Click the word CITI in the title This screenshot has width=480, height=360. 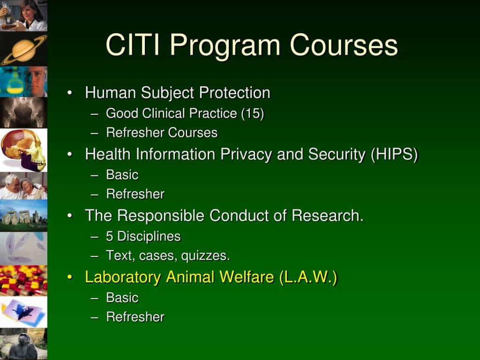coord(133,45)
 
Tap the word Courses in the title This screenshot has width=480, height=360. coord(344,45)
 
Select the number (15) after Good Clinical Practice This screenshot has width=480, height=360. coord(253,113)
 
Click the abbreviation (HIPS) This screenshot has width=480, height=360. coord(394,154)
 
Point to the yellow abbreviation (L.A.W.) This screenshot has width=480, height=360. coord(308,277)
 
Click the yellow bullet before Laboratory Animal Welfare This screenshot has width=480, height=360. coord(70,277)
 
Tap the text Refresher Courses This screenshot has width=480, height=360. coord(162,133)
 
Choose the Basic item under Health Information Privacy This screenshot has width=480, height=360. coord(122,175)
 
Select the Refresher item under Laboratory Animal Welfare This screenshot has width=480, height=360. coord(135,317)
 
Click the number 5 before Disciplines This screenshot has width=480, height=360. coord(109,236)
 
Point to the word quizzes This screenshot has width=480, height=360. coord(205,256)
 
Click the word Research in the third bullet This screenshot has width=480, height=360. coord(328,216)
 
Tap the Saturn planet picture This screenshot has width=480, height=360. coord(23,49)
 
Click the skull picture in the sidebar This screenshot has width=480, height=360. coord(23,150)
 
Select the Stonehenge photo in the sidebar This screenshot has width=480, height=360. coord(23,216)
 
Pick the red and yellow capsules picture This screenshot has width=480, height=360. coord(23,281)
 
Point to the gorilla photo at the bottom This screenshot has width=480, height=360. coord(23,344)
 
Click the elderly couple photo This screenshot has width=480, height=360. coord(23,186)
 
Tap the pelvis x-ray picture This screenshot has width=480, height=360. coord(23,112)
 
